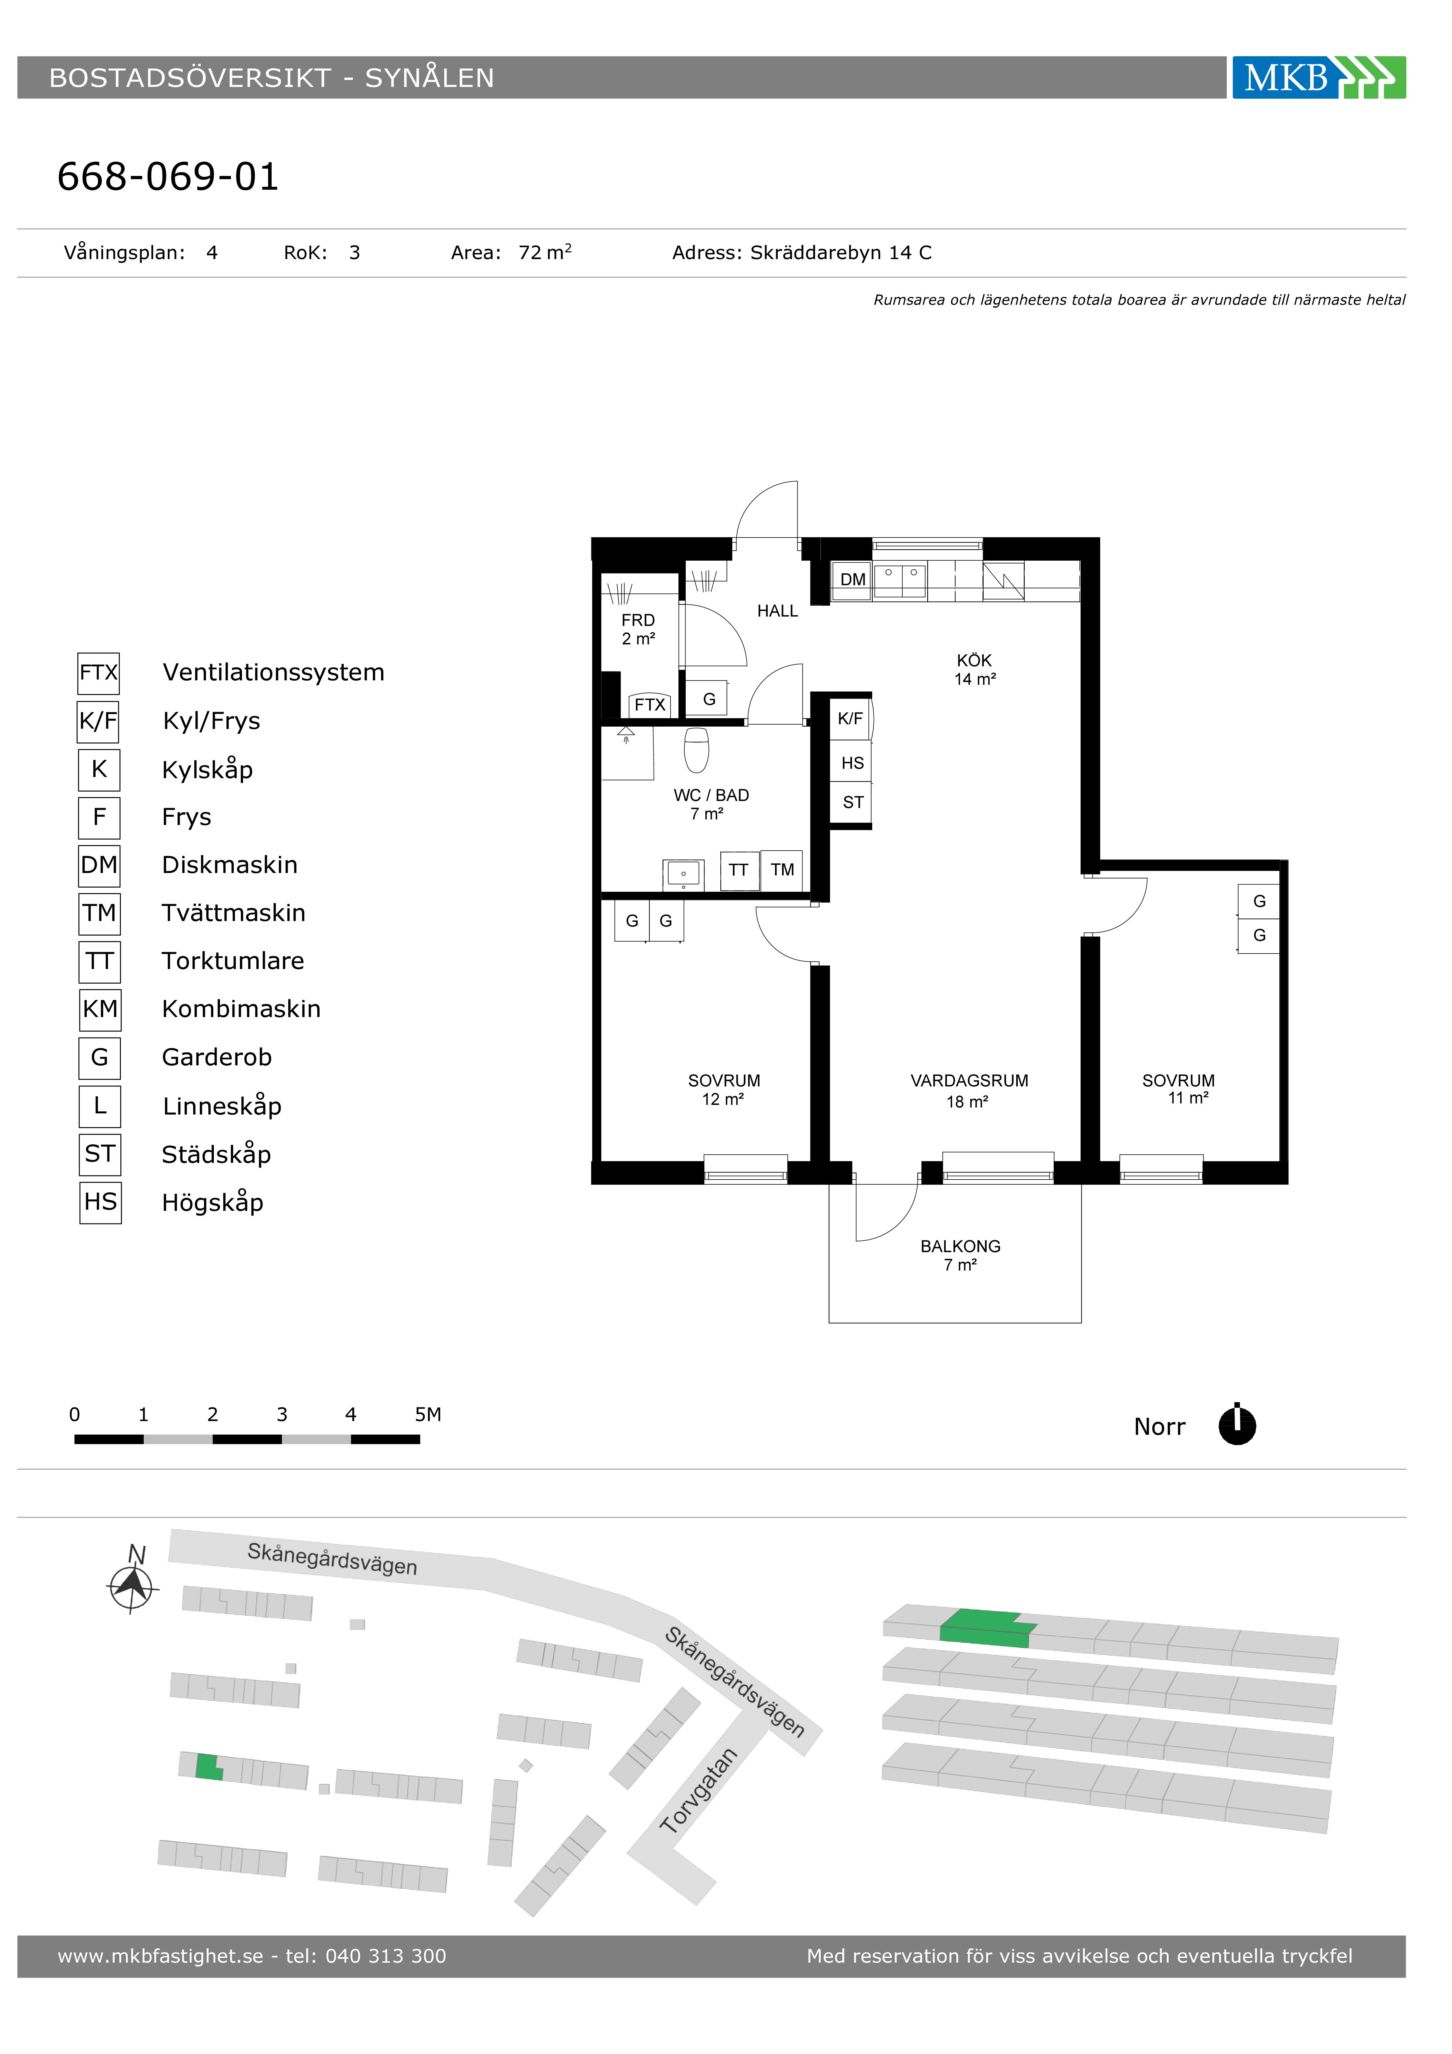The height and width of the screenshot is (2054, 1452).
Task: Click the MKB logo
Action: click(x=1319, y=78)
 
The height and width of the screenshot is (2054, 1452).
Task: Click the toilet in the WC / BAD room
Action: click(x=697, y=750)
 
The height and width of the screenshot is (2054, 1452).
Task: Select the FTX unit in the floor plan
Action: click(x=649, y=705)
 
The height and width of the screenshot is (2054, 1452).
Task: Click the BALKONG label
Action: click(x=960, y=1246)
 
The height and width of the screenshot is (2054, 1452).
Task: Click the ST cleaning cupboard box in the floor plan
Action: click(x=853, y=802)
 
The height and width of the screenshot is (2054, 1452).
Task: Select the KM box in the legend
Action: click(x=100, y=1009)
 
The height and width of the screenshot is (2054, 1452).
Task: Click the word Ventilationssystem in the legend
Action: click(x=274, y=673)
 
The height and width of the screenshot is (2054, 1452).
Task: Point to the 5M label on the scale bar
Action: click(x=428, y=1414)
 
